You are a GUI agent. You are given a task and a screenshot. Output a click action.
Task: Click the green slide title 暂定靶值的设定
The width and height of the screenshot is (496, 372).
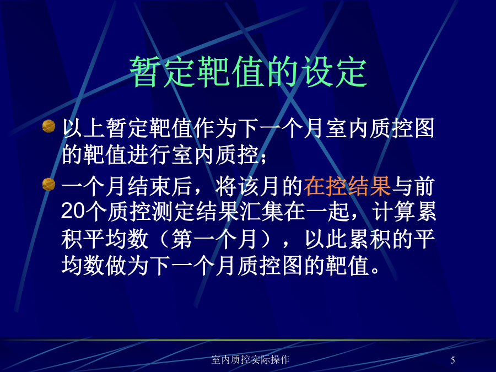click(249, 72)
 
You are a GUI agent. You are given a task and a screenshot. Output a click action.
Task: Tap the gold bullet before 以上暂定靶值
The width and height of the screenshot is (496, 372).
click(48, 126)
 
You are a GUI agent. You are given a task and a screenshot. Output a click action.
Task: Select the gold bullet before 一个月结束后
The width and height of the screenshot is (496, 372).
click(48, 185)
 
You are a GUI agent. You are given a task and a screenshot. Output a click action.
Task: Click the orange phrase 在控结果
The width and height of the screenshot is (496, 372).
click(347, 187)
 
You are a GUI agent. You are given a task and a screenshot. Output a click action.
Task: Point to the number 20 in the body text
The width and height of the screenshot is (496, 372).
click(73, 211)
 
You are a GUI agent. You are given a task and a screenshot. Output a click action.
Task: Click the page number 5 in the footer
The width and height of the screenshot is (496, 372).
click(452, 360)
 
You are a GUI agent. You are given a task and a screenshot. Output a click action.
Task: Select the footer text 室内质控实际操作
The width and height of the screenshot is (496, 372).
click(250, 360)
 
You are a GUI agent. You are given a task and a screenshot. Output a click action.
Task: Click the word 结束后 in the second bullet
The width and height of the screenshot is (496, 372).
click(160, 187)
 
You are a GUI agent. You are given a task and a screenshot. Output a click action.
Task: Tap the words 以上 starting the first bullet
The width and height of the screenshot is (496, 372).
click(83, 128)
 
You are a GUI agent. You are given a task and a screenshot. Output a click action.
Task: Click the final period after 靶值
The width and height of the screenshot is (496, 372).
click(375, 271)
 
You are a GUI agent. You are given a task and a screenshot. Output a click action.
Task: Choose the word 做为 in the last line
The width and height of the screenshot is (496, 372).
click(127, 265)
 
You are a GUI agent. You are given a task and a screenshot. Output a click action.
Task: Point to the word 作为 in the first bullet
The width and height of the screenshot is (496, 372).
click(215, 128)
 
